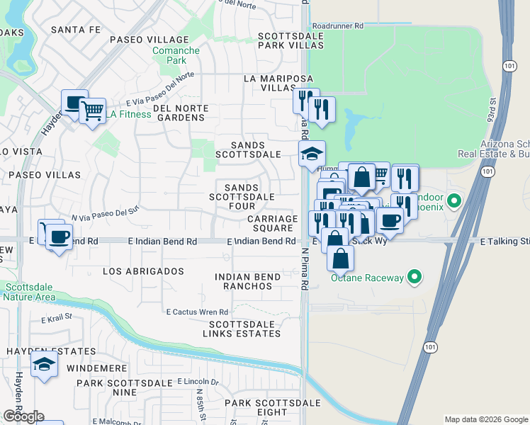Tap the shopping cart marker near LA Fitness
[x=92, y=110]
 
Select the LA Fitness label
[x=128, y=114]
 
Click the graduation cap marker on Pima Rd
[x=312, y=154]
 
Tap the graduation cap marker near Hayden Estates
[x=45, y=365]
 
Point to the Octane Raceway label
[x=368, y=278]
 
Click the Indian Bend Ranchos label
[x=243, y=281]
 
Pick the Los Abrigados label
[x=143, y=271]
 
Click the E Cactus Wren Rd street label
[x=197, y=312]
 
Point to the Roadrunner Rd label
[x=337, y=25]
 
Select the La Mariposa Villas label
[x=269, y=83]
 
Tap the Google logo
[x=23, y=416]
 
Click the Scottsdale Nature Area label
[x=30, y=292]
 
